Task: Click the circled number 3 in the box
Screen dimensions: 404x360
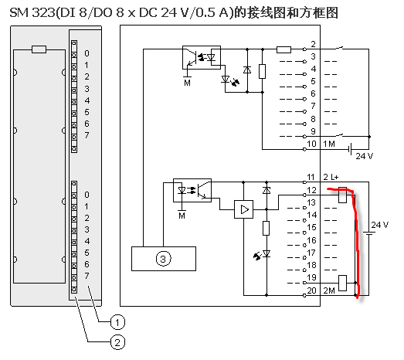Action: pos(163,259)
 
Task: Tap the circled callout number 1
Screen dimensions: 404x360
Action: pos(117,322)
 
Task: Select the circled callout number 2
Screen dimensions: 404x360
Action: pos(117,342)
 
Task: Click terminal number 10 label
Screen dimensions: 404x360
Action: pos(311,144)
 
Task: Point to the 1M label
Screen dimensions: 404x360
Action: pos(329,144)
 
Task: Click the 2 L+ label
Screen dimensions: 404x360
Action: pos(331,177)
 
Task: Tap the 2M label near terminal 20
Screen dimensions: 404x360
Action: pos(329,290)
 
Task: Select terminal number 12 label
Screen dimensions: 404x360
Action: pos(311,190)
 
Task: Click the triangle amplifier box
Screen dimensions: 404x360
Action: pos(243,209)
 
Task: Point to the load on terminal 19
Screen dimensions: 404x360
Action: pos(342,283)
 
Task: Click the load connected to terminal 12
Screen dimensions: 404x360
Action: pos(342,195)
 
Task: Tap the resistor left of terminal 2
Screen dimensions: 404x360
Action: pos(283,49)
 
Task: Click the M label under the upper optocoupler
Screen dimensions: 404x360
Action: pos(187,83)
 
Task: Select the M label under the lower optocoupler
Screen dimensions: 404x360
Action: pos(182,216)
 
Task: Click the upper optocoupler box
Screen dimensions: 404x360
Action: pos(202,57)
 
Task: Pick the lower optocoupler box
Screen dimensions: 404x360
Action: pos(192,190)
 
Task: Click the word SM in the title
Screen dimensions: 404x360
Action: pos(19,13)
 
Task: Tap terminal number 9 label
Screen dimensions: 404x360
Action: pos(313,131)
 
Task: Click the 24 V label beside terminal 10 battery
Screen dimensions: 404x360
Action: pos(365,156)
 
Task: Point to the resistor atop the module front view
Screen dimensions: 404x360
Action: pos(39,49)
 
